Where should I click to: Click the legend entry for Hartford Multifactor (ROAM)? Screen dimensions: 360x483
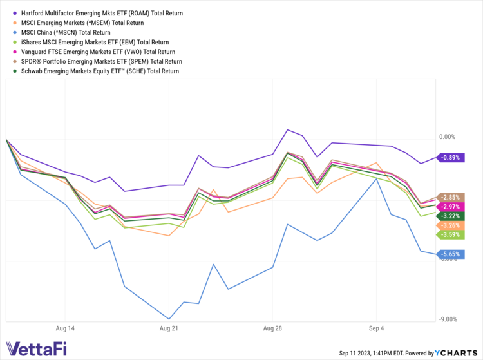pos(102,13)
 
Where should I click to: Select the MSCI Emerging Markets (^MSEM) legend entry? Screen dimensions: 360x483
pos(82,23)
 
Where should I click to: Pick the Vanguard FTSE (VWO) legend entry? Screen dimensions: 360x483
pos(98,52)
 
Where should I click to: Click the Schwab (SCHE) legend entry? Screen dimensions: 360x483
pos(100,71)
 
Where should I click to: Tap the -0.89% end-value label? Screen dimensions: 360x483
pos(450,157)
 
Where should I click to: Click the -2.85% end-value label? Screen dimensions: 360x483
pos(450,197)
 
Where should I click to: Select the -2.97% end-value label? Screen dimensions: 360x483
pos(450,207)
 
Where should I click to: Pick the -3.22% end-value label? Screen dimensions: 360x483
pos(450,216)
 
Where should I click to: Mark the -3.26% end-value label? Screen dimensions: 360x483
pos(450,225)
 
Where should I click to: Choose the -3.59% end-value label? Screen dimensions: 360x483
pos(450,235)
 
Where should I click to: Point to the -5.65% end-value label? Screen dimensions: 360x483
pos(450,254)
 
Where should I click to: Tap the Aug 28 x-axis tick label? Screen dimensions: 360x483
pos(273,328)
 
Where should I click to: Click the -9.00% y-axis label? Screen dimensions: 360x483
pos(447,319)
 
